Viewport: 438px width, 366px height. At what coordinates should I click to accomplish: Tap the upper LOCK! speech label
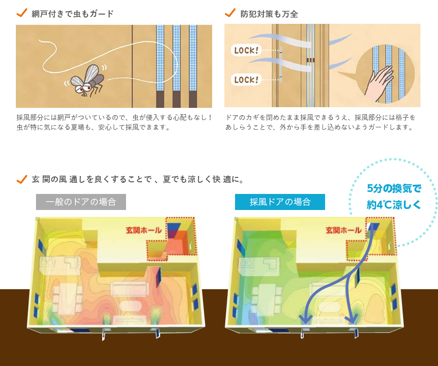[246, 50]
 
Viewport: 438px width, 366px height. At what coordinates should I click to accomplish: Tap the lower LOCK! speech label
[246, 80]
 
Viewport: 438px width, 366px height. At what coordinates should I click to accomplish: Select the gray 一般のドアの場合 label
[81, 202]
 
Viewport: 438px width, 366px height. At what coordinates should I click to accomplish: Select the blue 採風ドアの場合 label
[280, 202]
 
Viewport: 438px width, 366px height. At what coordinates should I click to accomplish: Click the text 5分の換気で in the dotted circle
[394, 189]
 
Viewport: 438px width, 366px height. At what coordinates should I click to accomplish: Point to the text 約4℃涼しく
[394, 205]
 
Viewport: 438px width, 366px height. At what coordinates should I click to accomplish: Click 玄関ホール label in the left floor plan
[144, 230]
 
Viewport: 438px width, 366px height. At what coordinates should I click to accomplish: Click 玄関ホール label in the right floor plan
[344, 230]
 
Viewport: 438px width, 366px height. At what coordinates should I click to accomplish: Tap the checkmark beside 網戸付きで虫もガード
[22, 13]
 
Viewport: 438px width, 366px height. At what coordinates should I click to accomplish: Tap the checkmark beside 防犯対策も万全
[230, 13]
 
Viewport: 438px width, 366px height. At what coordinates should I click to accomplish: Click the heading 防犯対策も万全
[269, 14]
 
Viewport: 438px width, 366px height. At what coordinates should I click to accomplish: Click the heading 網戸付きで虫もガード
[73, 14]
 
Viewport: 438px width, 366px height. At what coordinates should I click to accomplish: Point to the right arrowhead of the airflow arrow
[351, 318]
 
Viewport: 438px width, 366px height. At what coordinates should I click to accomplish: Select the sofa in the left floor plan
[129, 289]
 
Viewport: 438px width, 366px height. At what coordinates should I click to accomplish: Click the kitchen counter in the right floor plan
[259, 265]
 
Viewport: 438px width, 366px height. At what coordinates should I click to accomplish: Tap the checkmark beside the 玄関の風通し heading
[22, 179]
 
